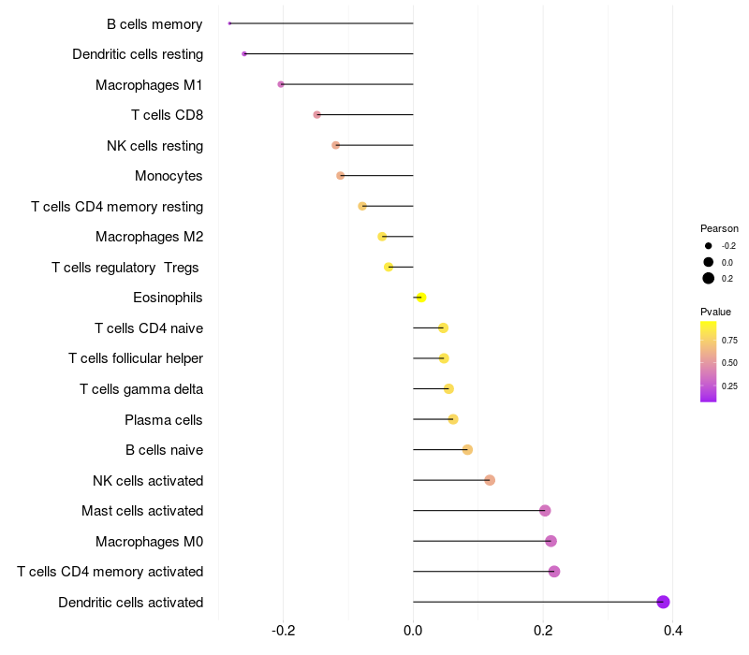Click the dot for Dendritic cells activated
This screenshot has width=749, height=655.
663,602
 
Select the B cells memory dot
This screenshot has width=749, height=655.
229,23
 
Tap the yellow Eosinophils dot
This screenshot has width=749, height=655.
421,298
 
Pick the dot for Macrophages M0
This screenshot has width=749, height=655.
551,541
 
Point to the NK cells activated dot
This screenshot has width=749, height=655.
490,480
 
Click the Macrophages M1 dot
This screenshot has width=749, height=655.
281,84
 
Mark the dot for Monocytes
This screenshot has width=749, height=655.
341,176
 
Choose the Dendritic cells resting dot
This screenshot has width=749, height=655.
244,54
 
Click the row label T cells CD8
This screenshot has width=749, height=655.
167,115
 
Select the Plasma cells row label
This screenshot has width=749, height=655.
164,419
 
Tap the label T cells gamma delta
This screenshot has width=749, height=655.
141,389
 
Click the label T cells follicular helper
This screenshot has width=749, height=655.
136,358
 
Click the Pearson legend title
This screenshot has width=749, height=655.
719,228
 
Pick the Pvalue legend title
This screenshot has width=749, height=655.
715,312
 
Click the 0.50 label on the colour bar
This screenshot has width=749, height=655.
729,362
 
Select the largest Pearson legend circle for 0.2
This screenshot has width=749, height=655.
709,278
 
